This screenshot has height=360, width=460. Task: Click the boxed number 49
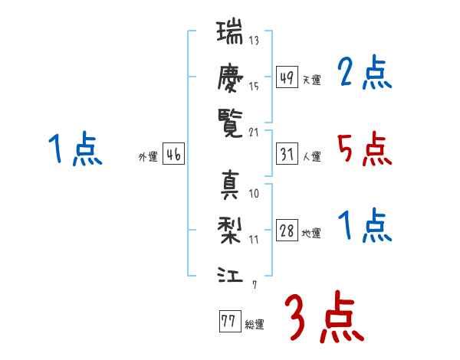click(287, 78)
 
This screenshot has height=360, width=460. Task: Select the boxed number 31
click(287, 155)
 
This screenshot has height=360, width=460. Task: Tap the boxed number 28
click(287, 231)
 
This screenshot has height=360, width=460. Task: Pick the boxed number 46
click(173, 155)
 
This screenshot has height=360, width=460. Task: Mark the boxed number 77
click(228, 322)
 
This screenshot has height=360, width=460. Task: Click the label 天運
click(311, 80)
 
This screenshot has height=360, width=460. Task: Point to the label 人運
click(311, 156)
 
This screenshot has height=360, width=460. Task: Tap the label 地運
click(311, 233)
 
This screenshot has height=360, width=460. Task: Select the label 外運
click(148, 156)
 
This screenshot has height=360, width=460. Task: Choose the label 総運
click(254, 324)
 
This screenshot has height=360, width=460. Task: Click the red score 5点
click(364, 149)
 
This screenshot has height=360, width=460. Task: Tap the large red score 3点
click(324, 316)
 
